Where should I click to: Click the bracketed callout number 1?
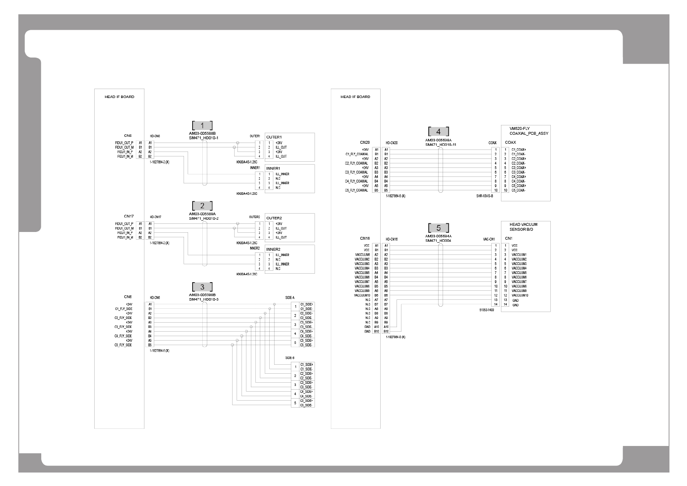pyautogui.click(x=202, y=126)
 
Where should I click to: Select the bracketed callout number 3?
pyautogui.click(x=202, y=287)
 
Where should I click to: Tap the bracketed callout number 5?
pyautogui.click(x=439, y=228)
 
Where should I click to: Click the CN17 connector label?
pyautogui.click(x=129, y=216)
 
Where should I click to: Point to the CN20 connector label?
pyautogui.click(x=365, y=143)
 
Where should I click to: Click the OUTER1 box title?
pyautogui.click(x=274, y=137)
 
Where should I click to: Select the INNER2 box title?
pyautogui.click(x=273, y=250)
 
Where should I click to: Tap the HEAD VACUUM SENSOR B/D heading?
pyautogui.click(x=523, y=227)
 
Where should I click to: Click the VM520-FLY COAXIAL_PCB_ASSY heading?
pyautogui.click(x=529, y=131)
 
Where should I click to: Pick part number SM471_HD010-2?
pyautogui.click(x=204, y=218)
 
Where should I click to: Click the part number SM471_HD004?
pyautogui.click(x=438, y=241)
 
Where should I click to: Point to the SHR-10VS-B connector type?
pyautogui.click(x=485, y=196)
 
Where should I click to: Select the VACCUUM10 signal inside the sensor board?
pyautogui.click(x=520, y=295)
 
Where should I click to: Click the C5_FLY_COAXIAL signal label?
pyautogui.click(x=356, y=190)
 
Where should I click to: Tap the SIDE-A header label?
pyautogui.click(x=290, y=298)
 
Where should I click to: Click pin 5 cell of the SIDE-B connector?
pyautogui.click(x=295, y=403)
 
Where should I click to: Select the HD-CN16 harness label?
pyautogui.click(x=392, y=239)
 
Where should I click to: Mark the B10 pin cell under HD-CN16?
pyautogui.click(x=386, y=331)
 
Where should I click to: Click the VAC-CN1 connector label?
pyautogui.click(x=489, y=239)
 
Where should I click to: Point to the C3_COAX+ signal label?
pyautogui.click(x=519, y=167)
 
